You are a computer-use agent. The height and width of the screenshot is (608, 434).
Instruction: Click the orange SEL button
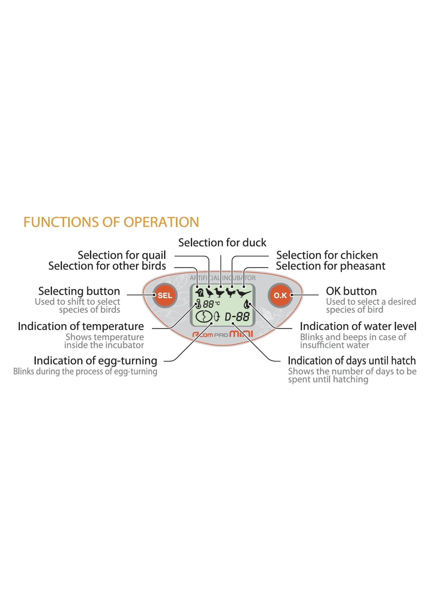point(165,295)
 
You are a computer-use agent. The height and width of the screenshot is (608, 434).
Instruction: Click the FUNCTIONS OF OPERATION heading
point(111,222)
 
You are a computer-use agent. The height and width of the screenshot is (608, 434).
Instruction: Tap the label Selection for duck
point(222,243)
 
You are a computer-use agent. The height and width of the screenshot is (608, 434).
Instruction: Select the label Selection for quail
point(122,255)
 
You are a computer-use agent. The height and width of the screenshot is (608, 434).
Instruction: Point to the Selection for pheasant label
point(330,266)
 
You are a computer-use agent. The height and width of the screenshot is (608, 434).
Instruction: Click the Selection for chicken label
point(327,255)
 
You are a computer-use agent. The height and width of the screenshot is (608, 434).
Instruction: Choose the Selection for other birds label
point(107,266)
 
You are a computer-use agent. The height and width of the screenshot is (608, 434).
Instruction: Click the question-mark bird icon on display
point(200,293)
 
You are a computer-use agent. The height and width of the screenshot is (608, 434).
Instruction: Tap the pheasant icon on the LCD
point(244,293)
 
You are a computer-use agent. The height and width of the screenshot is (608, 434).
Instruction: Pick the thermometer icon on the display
point(198,304)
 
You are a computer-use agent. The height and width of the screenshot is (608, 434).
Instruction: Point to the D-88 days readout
point(237,317)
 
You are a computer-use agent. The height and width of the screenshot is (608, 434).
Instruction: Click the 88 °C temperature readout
point(211,304)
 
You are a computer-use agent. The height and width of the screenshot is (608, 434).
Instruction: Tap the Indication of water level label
point(358,326)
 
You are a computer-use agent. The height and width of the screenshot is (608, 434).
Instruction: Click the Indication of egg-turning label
point(95,361)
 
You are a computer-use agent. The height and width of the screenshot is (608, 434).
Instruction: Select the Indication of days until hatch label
point(352,361)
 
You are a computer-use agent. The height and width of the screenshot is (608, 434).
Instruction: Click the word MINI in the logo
point(241,334)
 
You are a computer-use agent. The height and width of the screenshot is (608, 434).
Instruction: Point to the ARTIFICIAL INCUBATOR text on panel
point(223,278)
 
